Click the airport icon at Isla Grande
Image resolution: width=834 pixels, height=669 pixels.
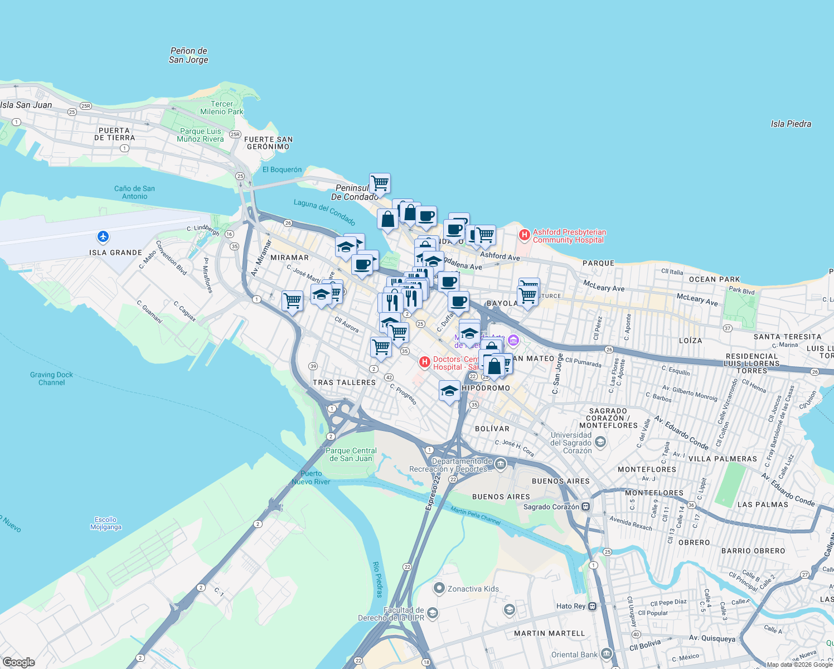tap(103, 237)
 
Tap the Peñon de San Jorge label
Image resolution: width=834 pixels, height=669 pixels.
tap(188, 55)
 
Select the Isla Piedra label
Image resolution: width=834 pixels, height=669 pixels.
tap(791, 124)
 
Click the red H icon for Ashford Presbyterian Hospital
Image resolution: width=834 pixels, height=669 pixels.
tap(524, 235)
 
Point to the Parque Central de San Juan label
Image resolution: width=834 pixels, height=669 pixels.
tap(351, 454)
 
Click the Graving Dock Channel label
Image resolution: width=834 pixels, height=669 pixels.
tap(52, 379)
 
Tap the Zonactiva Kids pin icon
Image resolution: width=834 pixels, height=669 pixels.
tap(439, 588)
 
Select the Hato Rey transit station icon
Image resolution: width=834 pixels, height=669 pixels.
tap(593, 606)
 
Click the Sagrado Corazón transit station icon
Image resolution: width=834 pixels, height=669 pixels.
tap(586, 507)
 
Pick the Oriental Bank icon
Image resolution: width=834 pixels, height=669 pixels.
tap(607, 655)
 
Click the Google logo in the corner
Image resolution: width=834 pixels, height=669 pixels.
tap(18, 662)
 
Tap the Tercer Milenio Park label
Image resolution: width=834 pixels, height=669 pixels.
tap(222, 108)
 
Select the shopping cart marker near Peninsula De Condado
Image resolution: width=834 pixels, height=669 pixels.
tap(380, 182)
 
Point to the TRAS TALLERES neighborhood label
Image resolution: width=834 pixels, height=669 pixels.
tap(344, 382)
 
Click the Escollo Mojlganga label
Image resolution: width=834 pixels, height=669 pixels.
tap(106, 523)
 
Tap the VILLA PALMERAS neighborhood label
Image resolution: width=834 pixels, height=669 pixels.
tap(723, 459)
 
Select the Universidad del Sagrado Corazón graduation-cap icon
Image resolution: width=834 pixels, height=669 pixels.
tap(600, 443)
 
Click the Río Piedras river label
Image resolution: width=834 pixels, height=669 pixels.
tap(377, 579)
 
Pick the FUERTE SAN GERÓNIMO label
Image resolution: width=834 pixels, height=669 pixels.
tap(268, 143)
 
